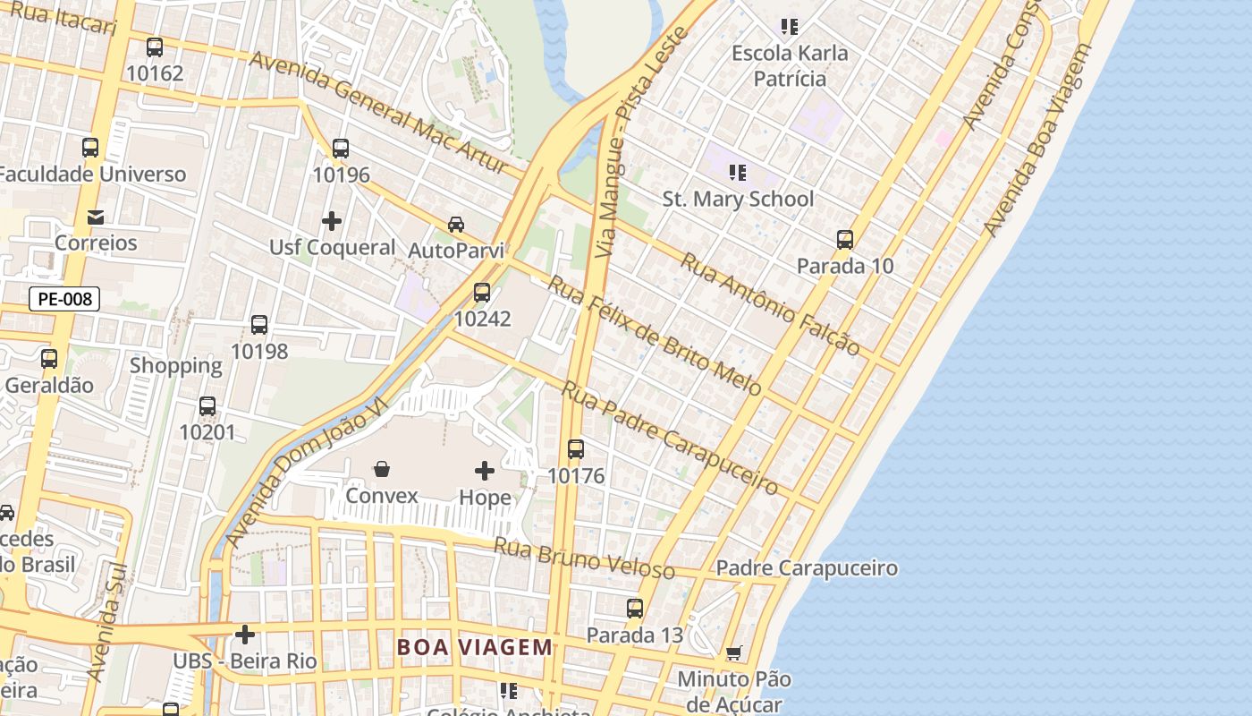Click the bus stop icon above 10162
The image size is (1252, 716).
tap(155, 47)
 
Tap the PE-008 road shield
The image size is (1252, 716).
tap(64, 299)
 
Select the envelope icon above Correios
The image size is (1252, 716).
tap(96, 217)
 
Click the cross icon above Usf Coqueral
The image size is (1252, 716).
tap(332, 221)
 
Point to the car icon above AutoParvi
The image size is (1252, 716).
tap(456, 224)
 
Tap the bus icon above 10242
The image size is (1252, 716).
tap(482, 293)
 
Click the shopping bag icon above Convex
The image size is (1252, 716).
tap(382, 469)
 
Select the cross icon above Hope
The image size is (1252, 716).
tap(485, 471)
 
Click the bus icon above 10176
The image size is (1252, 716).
tap(576, 449)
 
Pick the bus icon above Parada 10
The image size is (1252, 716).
tap(845, 240)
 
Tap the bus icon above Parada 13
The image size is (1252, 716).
tap(635, 609)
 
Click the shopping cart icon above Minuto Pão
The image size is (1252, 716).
tap(734, 653)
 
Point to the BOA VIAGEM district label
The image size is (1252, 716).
tap(475, 647)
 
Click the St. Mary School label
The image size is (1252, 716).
tap(738, 199)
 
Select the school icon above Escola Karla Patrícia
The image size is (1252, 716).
tap(789, 27)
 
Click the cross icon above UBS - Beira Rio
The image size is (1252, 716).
tap(245, 635)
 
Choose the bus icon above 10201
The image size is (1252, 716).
tap(207, 406)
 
